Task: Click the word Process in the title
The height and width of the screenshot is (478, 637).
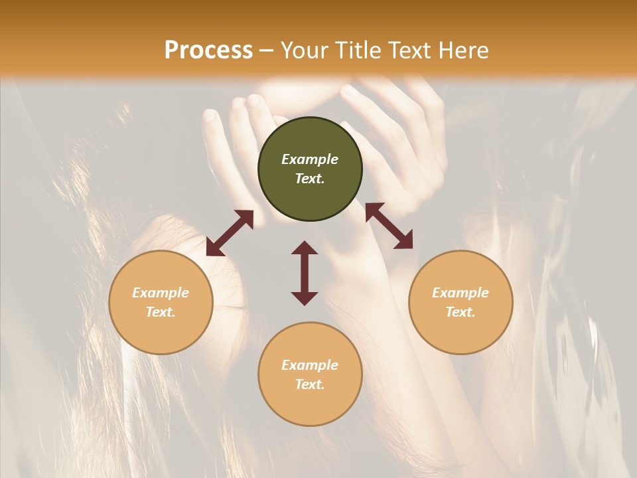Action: pyautogui.click(x=208, y=50)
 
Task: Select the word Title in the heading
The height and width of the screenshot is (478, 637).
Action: pyautogui.click(x=357, y=50)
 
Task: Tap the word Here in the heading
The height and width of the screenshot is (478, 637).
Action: pyautogui.click(x=462, y=50)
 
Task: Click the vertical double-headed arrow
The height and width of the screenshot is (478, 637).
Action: pyautogui.click(x=305, y=273)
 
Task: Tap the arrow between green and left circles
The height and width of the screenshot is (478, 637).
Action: pyautogui.click(x=230, y=233)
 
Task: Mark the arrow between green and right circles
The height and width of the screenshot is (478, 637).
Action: pyautogui.click(x=389, y=226)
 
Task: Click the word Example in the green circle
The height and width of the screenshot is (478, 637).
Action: pyautogui.click(x=310, y=159)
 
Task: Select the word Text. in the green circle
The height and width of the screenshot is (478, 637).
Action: pyautogui.click(x=310, y=179)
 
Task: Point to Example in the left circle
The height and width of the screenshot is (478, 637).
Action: pyautogui.click(x=161, y=293)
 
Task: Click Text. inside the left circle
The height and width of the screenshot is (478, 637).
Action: pyautogui.click(x=161, y=312)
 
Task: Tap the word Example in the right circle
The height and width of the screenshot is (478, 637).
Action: pyautogui.click(x=460, y=293)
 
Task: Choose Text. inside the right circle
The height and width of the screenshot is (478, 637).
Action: pyautogui.click(x=460, y=312)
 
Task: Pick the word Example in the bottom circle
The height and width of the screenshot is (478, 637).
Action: pyautogui.click(x=310, y=365)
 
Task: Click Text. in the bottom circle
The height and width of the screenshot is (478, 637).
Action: pyautogui.click(x=310, y=384)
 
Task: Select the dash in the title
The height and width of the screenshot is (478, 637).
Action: pyautogui.click(x=267, y=50)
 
